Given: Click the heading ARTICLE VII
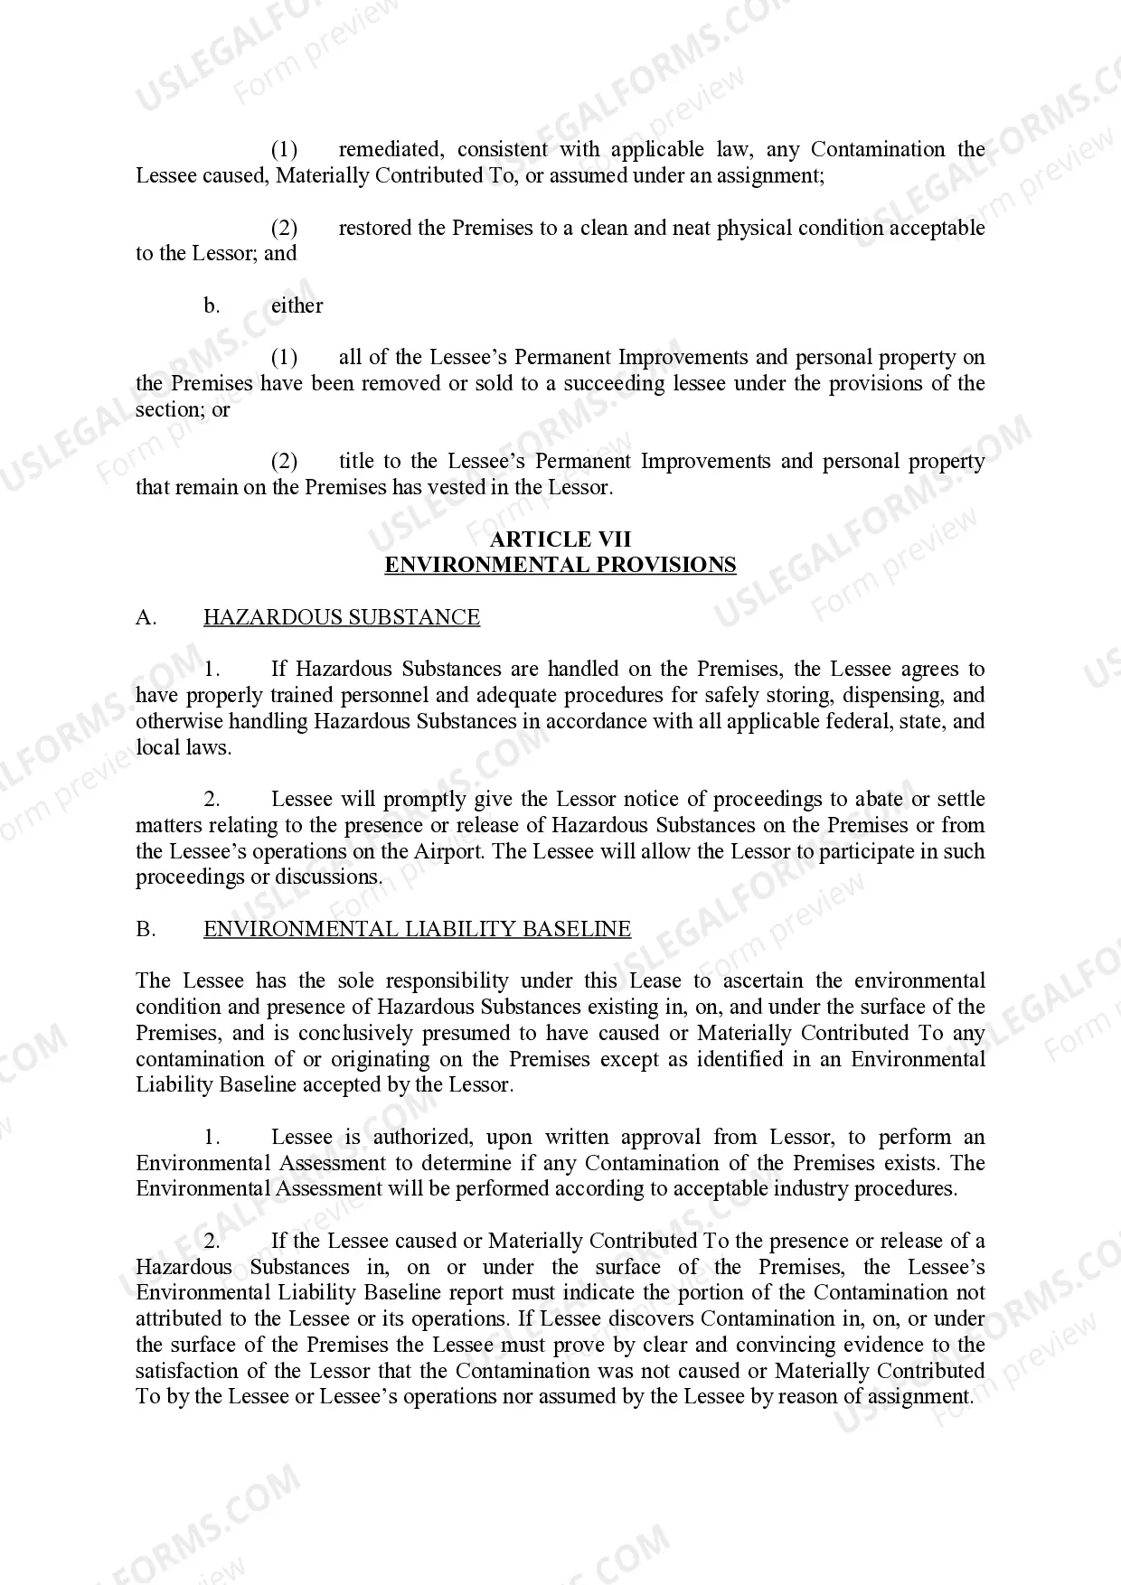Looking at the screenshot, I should (560, 539).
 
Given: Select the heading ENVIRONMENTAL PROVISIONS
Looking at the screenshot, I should (560, 566).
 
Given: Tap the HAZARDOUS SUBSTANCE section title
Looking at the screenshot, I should (341, 617).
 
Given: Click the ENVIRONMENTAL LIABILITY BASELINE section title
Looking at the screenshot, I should (417, 929).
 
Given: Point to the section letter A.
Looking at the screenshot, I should (146, 617).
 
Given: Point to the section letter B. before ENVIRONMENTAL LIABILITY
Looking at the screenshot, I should (146, 929).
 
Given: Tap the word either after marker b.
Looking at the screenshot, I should (297, 305).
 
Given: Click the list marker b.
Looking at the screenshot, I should (212, 305).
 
